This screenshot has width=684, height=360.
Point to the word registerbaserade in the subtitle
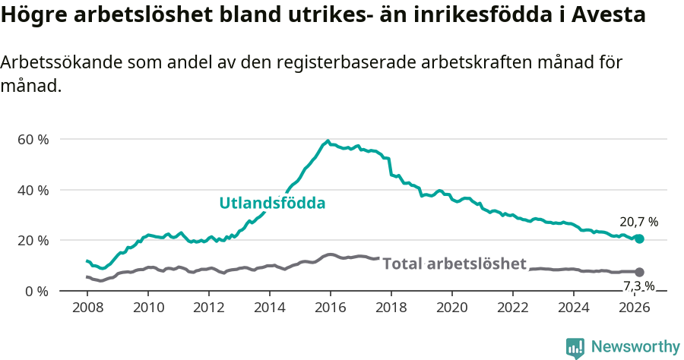[315, 63]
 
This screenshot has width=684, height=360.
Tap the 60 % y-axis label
[33, 139]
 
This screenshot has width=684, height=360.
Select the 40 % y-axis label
[33, 190]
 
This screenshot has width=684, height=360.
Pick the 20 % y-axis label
[33, 240]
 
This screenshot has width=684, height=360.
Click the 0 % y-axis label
[36, 291]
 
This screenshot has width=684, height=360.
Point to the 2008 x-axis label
[88, 307]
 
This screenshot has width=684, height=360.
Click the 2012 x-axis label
[209, 307]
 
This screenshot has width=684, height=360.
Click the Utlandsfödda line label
[272, 203]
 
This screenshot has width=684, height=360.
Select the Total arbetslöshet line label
[454, 264]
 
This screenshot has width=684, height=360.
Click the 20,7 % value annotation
[639, 222]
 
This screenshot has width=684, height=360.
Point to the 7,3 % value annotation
[639, 286]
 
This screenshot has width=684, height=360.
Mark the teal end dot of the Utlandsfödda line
[639, 238]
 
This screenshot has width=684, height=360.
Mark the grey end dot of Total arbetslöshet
[639, 272]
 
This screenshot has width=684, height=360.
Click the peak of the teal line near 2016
[328, 141]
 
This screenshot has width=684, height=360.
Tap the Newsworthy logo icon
[575, 348]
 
